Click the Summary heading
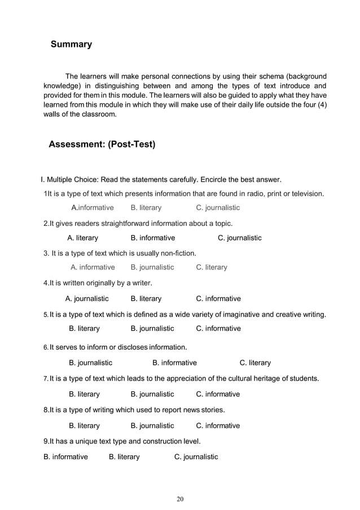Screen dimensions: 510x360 71,44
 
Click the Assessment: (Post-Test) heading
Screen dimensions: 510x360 102,145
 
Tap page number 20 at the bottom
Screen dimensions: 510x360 180,499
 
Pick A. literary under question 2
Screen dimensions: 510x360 82,238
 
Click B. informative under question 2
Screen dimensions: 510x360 152,238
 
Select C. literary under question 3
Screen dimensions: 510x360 212,267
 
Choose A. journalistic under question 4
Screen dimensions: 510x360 87,299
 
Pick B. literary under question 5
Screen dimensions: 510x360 84,329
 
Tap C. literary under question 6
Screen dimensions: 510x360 255,363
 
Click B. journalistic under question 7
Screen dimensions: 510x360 152,394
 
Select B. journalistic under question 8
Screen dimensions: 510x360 152,426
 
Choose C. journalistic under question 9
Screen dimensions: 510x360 196,457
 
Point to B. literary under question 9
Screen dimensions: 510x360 124,457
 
